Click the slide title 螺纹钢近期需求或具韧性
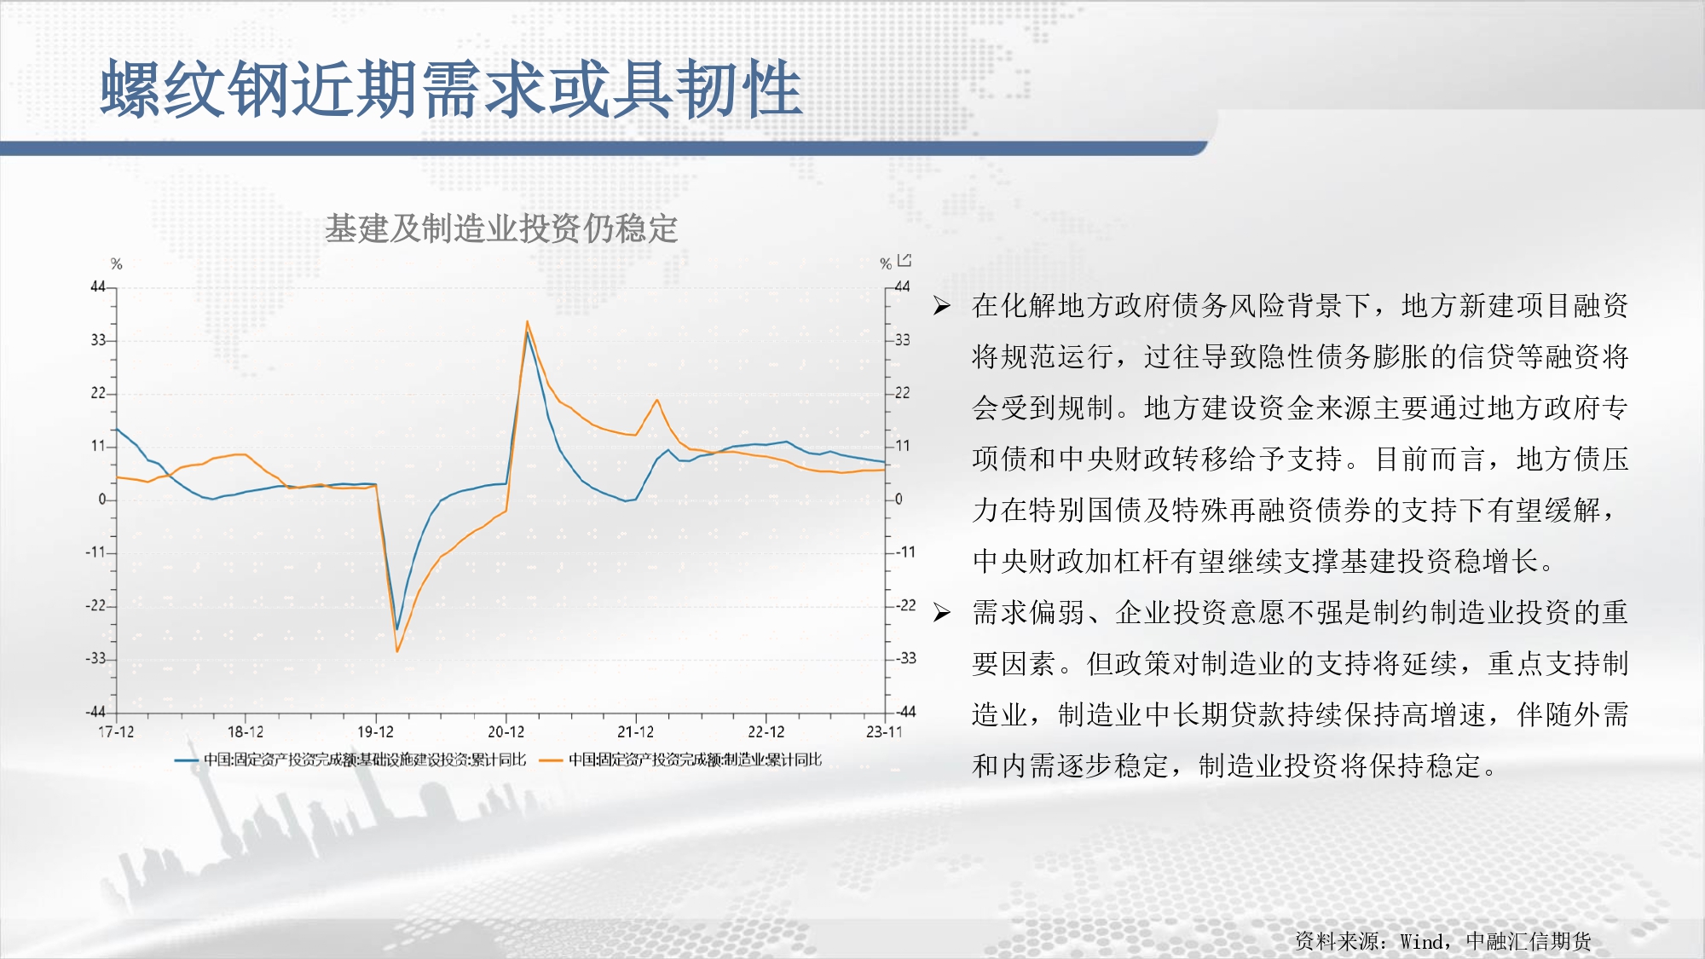[452, 90]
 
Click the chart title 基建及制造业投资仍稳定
[501, 228]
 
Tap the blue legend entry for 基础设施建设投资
[350, 760]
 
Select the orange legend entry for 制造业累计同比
[681, 760]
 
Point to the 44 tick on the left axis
[98, 287]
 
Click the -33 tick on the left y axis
[95, 659]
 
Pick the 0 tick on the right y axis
[899, 499]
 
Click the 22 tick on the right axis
[902, 393]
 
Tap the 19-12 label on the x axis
[375, 732]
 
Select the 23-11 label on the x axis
[883, 732]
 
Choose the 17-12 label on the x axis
[116, 732]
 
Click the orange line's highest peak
[528, 321]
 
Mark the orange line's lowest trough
[397, 651]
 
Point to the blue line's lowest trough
[396, 629]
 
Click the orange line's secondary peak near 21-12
[656, 400]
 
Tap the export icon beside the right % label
[905, 260]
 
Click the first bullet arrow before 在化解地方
[941, 306]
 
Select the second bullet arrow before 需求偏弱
[941, 613]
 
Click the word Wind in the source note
[1422, 941]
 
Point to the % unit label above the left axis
[117, 264]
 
